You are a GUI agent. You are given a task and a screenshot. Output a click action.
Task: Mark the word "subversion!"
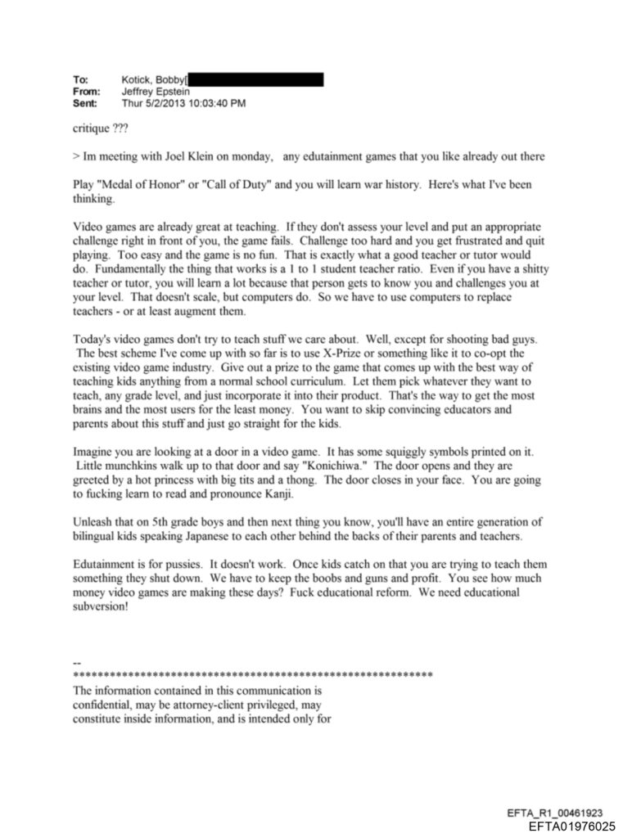pos(101,606)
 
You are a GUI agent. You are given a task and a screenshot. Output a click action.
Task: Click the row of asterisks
pos(253,675)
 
